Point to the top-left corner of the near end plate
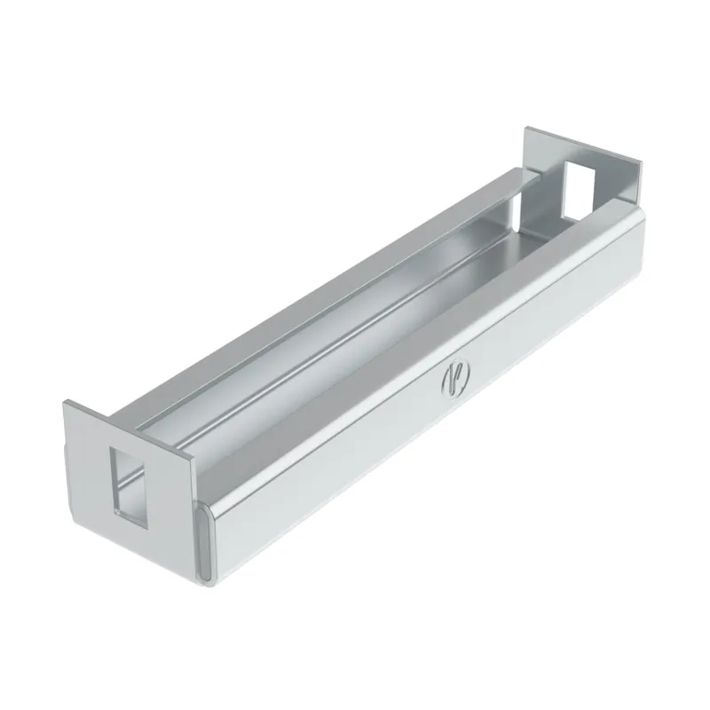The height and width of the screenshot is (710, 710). point(64,401)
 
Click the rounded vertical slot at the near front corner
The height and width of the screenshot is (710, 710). point(204,543)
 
